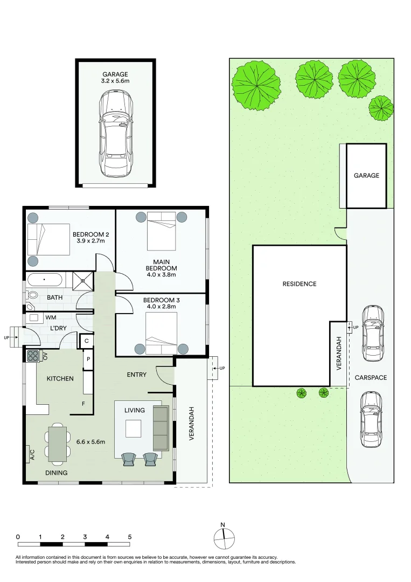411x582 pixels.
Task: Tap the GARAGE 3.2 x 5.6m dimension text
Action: click(115, 78)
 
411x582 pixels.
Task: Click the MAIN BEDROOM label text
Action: click(162, 265)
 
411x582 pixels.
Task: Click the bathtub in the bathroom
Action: click(44, 280)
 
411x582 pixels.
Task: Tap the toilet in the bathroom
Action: click(32, 295)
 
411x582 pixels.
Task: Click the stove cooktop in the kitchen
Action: click(33, 356)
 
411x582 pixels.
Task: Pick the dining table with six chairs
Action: click(58, 444)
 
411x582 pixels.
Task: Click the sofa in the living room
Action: click(161, 428)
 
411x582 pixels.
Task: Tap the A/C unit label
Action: click(32, 454)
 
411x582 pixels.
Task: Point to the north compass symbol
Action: click(224, 537)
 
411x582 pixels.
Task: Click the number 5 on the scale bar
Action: click(130, 537)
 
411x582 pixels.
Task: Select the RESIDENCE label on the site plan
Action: click(299, 284)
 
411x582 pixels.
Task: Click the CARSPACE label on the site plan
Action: click(371, 377)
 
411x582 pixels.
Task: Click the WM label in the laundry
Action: click(51, 317)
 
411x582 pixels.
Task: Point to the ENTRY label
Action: click(136, 375)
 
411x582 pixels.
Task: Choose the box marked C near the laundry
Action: click(87, 341)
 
